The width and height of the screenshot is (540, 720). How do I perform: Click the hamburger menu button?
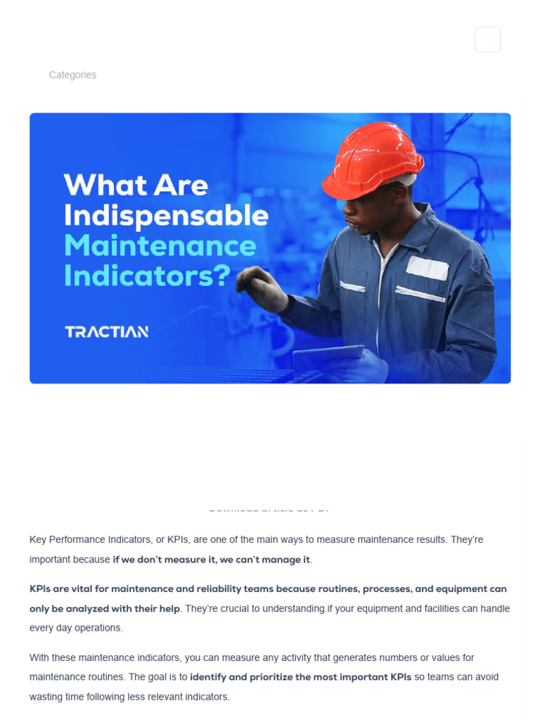(x=487, y=39)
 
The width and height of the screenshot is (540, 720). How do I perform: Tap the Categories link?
(x=72, y=75)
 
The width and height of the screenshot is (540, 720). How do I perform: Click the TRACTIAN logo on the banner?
(x=107, y=332)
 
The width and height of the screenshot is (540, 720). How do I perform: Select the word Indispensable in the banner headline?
(x=166, y=215)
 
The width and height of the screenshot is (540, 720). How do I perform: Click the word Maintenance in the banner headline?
(x=160, y=245)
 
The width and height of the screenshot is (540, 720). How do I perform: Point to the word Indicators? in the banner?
(x=147, y=276)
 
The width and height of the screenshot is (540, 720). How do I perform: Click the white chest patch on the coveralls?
(x=427, y=268)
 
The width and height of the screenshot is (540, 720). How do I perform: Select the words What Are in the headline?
(x=136, y=185)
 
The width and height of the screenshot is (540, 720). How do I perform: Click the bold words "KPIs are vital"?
(x=69, y=589)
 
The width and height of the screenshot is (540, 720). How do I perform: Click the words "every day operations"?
(x=76, y=628)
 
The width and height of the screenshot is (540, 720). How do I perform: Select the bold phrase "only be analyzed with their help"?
(x=105, y=609)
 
